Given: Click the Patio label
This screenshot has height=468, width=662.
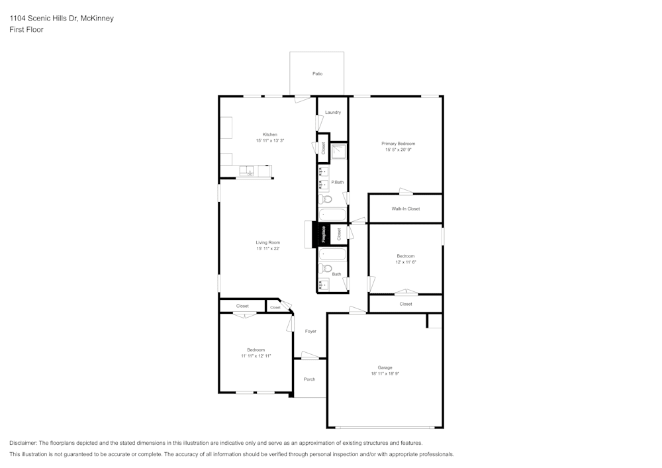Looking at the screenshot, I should pos(318,73).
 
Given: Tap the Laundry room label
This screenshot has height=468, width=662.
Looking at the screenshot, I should pos(333,113).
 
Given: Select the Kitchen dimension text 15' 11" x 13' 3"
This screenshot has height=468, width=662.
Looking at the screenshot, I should pos(270,141).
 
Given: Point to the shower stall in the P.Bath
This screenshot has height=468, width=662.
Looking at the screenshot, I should pos(339,152).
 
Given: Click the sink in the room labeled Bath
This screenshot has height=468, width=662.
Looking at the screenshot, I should pos(324,285).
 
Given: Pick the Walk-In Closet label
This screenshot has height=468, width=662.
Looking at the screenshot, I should pos(406,209).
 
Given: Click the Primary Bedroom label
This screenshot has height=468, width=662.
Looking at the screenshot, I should pos(399,144).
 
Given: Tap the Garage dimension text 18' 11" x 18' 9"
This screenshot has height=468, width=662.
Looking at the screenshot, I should pos(385,374).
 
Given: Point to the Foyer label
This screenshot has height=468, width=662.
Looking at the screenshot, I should pos(310,331).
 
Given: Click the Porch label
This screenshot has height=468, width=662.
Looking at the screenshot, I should pos(309,379).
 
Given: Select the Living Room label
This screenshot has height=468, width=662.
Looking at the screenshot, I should pos(268,243).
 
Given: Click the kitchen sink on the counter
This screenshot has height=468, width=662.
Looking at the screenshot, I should pos(247,171).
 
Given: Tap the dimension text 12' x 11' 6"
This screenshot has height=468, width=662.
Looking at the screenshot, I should pos(406,262).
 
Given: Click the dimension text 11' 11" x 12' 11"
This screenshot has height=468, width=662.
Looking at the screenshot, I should pos(256,356).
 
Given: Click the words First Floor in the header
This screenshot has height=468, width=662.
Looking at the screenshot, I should pos(26,30).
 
